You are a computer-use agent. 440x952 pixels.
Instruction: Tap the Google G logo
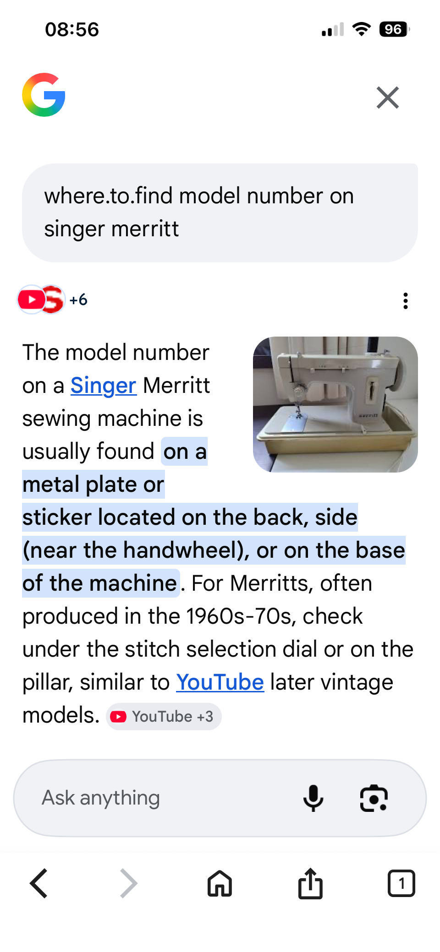point(44,95)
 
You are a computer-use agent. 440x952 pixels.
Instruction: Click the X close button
point(388,98)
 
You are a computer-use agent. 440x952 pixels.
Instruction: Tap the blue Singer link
point(103,386)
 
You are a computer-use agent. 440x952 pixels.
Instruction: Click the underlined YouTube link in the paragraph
point(220,682)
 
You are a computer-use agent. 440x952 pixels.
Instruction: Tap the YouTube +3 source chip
point(164,717)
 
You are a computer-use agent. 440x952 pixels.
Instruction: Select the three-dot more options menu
point(406,301)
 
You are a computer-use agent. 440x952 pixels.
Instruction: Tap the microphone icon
point(313,798)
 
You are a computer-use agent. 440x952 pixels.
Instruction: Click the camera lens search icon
point(374,798)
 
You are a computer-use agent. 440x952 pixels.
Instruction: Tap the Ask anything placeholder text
point(101,798)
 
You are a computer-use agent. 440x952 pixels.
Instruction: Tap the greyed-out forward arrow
point(129,883)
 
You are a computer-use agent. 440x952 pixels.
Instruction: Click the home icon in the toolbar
point(220,883)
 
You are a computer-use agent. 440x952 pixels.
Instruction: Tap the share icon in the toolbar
point(311,883)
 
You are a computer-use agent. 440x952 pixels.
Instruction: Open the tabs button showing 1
point(401,883)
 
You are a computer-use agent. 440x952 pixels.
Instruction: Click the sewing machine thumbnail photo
point(335,404)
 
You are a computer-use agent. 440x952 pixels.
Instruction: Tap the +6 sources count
point(78,300)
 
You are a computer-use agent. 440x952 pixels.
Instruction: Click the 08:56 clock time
point(72,29)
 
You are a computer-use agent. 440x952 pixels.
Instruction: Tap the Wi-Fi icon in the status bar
point(362,29)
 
